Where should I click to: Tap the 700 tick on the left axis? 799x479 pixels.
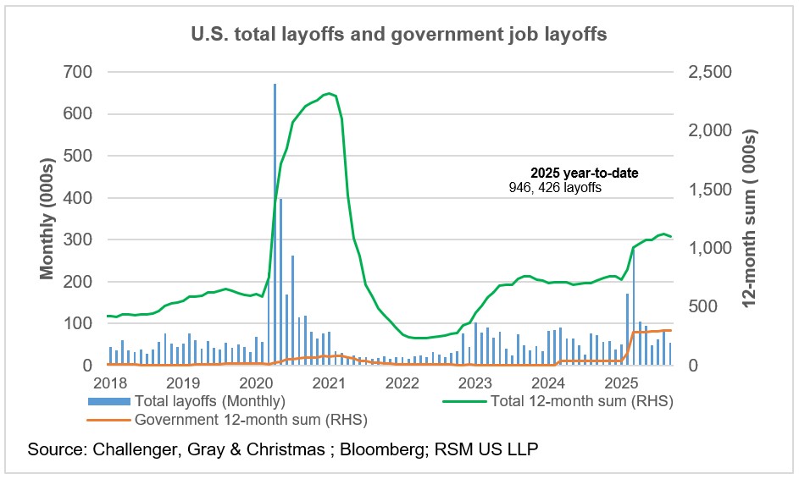coord(78,72)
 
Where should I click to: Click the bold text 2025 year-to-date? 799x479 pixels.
coord(585,173)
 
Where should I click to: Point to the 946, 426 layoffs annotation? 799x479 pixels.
coord(554,188)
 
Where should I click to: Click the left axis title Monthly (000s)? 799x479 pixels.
coord(48,218)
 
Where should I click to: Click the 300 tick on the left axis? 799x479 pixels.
coord(78,239)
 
